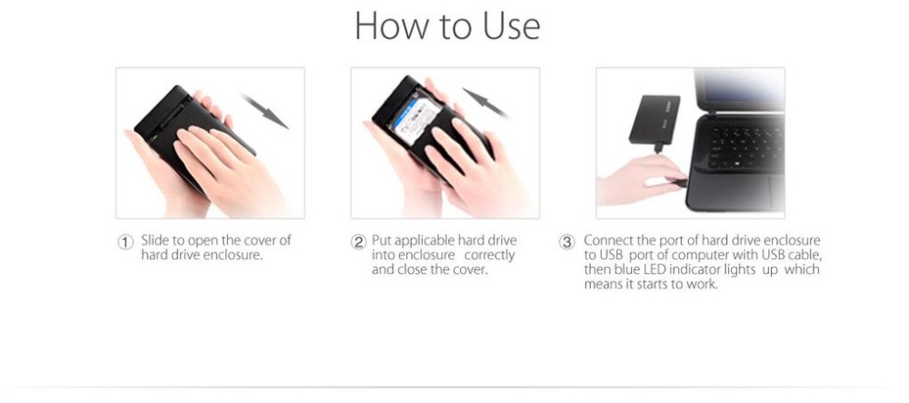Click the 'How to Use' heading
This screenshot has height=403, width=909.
coord(447,26)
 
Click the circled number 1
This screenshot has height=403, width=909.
coord(125,242)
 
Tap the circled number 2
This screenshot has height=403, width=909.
coord(359,242)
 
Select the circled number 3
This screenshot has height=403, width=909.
coord(566,242)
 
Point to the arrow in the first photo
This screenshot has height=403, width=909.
coord(265,111)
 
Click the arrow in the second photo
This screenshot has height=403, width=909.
coord(485,103)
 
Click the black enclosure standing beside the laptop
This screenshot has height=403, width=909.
coord(654,119)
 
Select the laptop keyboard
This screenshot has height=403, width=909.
coord(746,147)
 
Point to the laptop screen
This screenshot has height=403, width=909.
coord(740,88)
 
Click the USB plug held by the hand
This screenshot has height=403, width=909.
coord(678,183)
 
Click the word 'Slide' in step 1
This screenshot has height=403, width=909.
coord(156,241)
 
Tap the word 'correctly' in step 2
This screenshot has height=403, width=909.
coord(490,255)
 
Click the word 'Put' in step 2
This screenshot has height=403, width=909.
coord(382,241)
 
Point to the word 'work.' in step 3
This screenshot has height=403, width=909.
coord(704,284)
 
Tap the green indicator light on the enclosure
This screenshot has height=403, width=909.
coord(155,139)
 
